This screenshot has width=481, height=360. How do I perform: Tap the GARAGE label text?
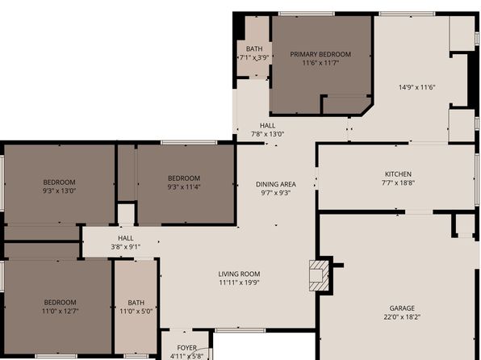[x=401, y=308]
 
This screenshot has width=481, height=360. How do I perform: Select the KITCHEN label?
[x=398, y=174]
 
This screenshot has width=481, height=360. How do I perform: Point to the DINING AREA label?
[x=275, y=184]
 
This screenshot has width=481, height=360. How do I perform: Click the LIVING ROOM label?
[x=239, y=274]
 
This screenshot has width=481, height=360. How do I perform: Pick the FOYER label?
[x=186, y=348]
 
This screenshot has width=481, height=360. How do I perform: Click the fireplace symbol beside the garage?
[x=321, y=274]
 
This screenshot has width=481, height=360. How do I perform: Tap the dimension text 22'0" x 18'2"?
[x=401, y=317]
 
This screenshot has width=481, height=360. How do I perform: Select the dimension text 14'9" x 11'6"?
[x=416, y=87]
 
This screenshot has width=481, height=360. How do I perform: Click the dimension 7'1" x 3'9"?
[x=254, y=58]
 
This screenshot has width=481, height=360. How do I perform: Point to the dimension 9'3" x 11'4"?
[x=183, y=187]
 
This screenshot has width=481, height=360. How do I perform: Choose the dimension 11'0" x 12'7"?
[x=60, y=311]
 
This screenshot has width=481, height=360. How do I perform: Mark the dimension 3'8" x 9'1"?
[x=125, y=247]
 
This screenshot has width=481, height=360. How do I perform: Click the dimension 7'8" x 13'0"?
[x=267, y=134]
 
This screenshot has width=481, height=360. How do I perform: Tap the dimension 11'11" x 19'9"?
[x=239, y=283]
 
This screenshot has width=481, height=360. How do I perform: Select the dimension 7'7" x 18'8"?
[x=398, y=183]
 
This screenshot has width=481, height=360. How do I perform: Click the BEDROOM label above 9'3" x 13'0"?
[x=59, y=182]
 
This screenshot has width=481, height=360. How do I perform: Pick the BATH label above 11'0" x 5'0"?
[x=136, y=302]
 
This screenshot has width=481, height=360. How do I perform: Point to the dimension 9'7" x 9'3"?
[x=275, y=193]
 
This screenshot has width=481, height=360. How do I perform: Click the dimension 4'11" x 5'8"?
[x=186, y=356]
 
